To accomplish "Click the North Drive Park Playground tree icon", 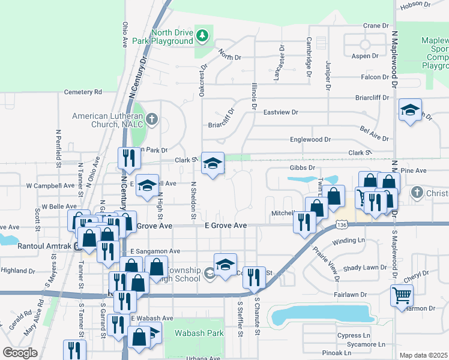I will point(203,36).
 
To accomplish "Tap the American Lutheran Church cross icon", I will point(151,119).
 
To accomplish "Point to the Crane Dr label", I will point(376,26).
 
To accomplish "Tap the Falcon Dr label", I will point(375,77).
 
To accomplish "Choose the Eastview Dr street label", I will point(280,112).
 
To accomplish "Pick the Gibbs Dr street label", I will point(303,168).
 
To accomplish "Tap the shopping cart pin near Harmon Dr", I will point(402,295).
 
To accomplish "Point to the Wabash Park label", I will point(199,333).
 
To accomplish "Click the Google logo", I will point(20,352).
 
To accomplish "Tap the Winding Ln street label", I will point(348,241).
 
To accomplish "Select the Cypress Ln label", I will point(354,335).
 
